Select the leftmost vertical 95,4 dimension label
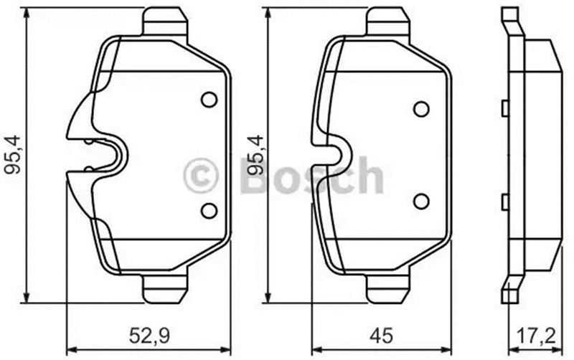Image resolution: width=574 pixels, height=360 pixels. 14,155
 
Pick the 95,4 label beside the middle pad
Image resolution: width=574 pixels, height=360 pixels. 255,155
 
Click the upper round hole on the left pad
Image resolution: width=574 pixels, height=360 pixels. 210,100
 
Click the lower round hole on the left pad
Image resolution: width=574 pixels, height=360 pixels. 210,211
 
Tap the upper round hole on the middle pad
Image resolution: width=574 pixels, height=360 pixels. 421,109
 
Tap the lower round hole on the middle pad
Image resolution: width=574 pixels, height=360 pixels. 421,201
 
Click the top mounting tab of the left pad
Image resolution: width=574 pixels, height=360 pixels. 165,22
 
